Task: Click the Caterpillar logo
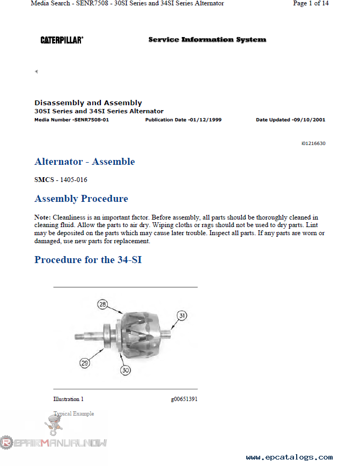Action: point(62,40)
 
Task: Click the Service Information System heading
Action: point(207,40)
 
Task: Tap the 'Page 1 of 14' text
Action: point(311,3)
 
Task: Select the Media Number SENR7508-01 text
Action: point(71,120)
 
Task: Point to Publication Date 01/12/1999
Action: point(183,120)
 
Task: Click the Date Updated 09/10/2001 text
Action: point(290,120)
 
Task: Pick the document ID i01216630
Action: point(313,143)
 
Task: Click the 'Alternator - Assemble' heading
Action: point(84,162)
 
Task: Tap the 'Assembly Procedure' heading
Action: point(81,199)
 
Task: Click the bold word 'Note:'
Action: point(42,218)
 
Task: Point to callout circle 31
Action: point(182,316)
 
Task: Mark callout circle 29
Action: point(85,363)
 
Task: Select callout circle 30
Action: point(126,370)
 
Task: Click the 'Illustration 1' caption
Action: point(68,399)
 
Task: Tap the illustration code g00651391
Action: point(184,399)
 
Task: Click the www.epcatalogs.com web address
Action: point(289,457)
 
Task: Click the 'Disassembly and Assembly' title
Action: point(88,103)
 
